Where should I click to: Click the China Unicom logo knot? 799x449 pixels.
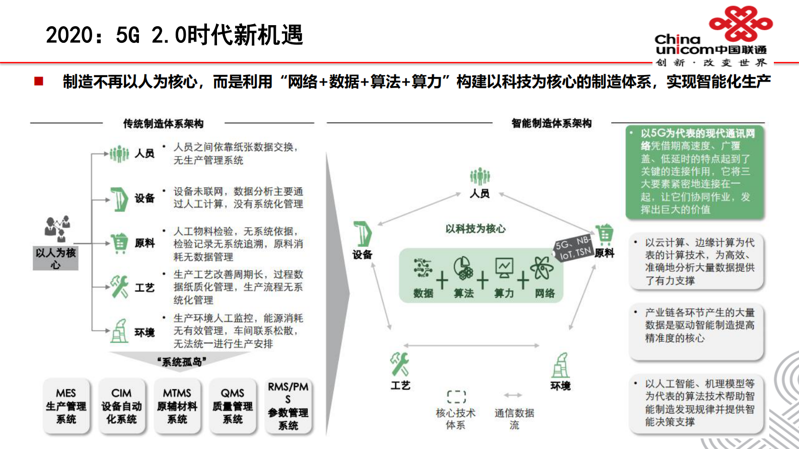click(740, 24)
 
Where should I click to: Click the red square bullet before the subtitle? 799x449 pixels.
click(39, 82)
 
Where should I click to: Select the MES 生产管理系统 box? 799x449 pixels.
click(66, 406)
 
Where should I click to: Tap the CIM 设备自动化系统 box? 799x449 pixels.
click(121, 406)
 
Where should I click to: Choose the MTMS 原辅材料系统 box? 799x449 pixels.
click(177, 406)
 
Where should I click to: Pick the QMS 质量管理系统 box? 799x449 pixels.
click(233, 406)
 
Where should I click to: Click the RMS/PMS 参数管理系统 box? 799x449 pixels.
click(288, 406)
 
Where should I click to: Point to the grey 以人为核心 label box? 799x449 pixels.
click(55, 258)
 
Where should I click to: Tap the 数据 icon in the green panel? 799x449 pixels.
click(423, 269)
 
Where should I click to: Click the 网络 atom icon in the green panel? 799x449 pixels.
click(542, 268)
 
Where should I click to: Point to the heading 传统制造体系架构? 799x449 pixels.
click(163, 124)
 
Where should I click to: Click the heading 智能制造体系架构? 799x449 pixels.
click(551, 123)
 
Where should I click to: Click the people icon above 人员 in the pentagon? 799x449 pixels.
click(480, 177)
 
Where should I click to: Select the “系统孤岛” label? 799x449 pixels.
click(182, 362)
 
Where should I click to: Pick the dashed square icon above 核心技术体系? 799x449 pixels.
click(456, 397)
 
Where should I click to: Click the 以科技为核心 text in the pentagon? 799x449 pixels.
click(475, 229)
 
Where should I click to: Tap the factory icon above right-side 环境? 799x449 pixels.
click(560, 365)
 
